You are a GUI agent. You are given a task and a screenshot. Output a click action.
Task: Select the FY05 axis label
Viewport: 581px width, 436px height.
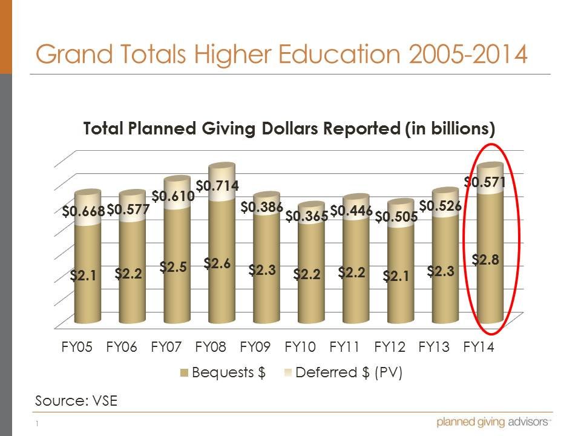tap(77, 348)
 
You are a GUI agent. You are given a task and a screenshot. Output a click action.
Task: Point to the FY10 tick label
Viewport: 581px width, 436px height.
tap(300, 348)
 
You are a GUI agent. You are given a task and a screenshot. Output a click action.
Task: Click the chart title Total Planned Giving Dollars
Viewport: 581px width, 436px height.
tap(289, 129)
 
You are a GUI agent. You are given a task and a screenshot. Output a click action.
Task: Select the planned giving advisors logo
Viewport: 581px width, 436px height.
tap(493, 422)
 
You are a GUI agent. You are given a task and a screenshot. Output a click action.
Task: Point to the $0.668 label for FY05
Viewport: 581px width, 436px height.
tap(84, 211)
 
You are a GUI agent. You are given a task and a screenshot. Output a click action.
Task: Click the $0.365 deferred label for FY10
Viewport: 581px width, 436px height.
tap(306, 216)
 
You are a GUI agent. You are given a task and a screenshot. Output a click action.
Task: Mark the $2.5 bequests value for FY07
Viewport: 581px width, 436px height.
tap(172, 267)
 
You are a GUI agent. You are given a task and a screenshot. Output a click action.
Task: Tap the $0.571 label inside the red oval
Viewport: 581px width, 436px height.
tap(485, 181)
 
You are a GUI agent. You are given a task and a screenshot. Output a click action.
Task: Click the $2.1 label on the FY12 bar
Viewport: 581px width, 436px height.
tap(396, 276)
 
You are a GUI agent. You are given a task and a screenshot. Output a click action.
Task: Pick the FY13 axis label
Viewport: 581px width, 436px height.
tap(435, 348)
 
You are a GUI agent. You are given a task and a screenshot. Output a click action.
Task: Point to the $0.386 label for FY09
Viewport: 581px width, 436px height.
tap(261, 207)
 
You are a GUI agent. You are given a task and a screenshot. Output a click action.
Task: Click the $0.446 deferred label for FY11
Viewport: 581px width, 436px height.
tap(351, 211)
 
